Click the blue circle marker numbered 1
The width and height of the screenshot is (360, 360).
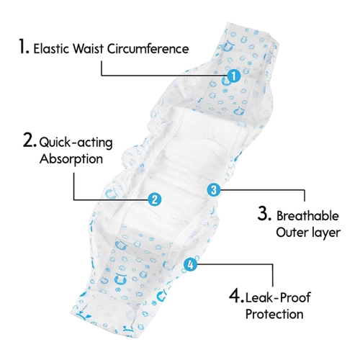[234, 76]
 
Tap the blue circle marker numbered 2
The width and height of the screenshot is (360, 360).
[155, 199]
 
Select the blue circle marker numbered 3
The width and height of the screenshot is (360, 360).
[214, 190]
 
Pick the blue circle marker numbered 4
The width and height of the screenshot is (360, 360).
[190, 265]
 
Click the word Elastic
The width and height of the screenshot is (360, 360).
[51, 49]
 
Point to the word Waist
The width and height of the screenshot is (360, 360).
[89, 49]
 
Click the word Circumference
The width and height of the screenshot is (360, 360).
[148, 49]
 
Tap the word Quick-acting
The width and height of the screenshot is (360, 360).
[76, 143]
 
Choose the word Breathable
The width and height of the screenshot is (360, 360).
[307, 216]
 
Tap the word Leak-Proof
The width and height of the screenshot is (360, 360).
[278, 297]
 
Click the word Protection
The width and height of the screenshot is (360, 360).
[274, 314]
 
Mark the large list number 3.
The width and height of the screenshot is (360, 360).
[264, 213]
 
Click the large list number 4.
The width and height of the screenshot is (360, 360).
[236, 296]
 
